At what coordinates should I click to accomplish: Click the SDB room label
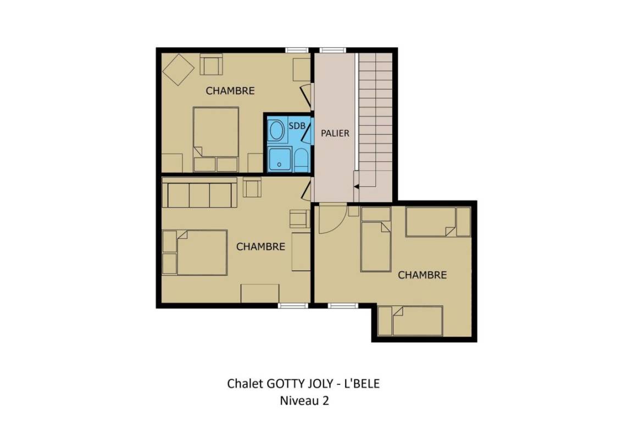(x=297, y=126)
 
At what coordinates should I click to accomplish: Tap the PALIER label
(x=335, y=133)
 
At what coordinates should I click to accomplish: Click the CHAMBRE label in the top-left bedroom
(x=230, y=91)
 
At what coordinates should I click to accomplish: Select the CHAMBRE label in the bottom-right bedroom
(x=422, y=275)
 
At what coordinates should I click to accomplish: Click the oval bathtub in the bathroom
(x=277, y=131)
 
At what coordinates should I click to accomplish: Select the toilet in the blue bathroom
(x=301, y=160)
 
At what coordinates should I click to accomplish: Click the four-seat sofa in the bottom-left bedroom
(x=199, y=192)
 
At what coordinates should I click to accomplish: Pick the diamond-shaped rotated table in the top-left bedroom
(x=179, y=70)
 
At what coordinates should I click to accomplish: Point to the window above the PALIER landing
(x=332, y=50)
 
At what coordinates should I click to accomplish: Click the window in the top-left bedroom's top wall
(x=297, y=50)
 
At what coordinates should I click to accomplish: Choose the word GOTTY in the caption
(x=280, y=383)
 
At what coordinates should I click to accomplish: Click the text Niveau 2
(x=304, y=401)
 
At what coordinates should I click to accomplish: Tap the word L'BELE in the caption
(x=362, y=383)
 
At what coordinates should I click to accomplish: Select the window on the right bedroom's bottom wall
(x=343, y=306)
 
